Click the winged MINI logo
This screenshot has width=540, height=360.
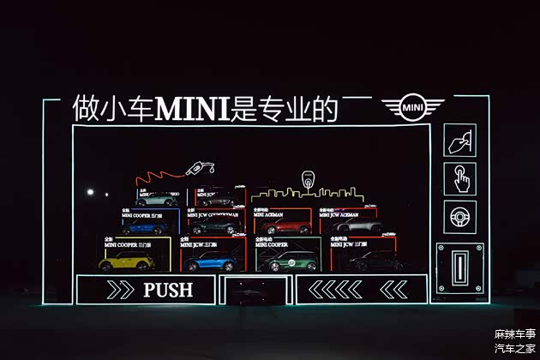[413, 108]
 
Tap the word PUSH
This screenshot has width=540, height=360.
[168, 290]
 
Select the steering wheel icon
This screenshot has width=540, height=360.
[459, 217]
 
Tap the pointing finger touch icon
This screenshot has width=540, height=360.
[459, 178]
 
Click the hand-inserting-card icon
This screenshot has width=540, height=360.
[459, 140]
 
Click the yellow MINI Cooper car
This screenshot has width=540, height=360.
[126, 261]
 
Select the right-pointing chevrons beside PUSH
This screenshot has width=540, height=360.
[120, 290]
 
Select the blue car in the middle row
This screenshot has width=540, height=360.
[143, 227]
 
